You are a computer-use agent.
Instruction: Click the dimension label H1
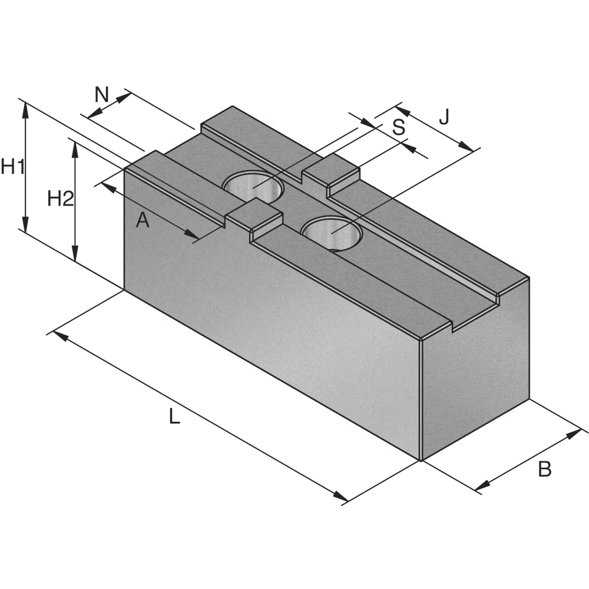click(x=13, y=167)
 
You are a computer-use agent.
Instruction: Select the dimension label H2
click(x=61, y=198)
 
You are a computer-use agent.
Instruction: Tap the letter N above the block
click(x=101, y=95)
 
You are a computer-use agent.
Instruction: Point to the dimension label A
click(x=143, y=220)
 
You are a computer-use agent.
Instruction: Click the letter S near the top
click(x=399, y=127)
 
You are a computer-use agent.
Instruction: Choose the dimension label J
click(x=444, y=117)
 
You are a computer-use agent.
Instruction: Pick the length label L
click(x=174, y=416)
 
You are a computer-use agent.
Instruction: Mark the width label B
click(x=545, y=469)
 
